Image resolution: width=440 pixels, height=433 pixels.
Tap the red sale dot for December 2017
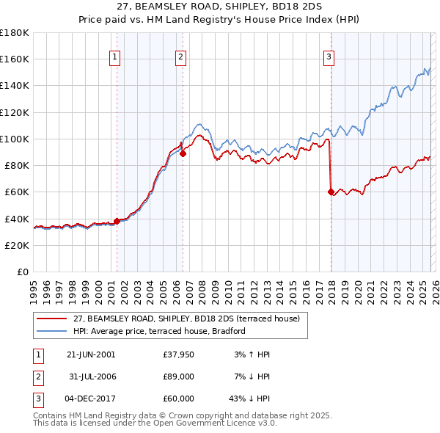pyautogui.click(x=331, y=192)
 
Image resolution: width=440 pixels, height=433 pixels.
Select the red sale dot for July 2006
pyautogui.click(x=183, y=153)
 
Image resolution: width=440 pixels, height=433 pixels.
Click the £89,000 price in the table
pyautogui.click(x=179, y=376)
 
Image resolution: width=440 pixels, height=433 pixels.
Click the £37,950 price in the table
pyautogui.click(x=179, y=354)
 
